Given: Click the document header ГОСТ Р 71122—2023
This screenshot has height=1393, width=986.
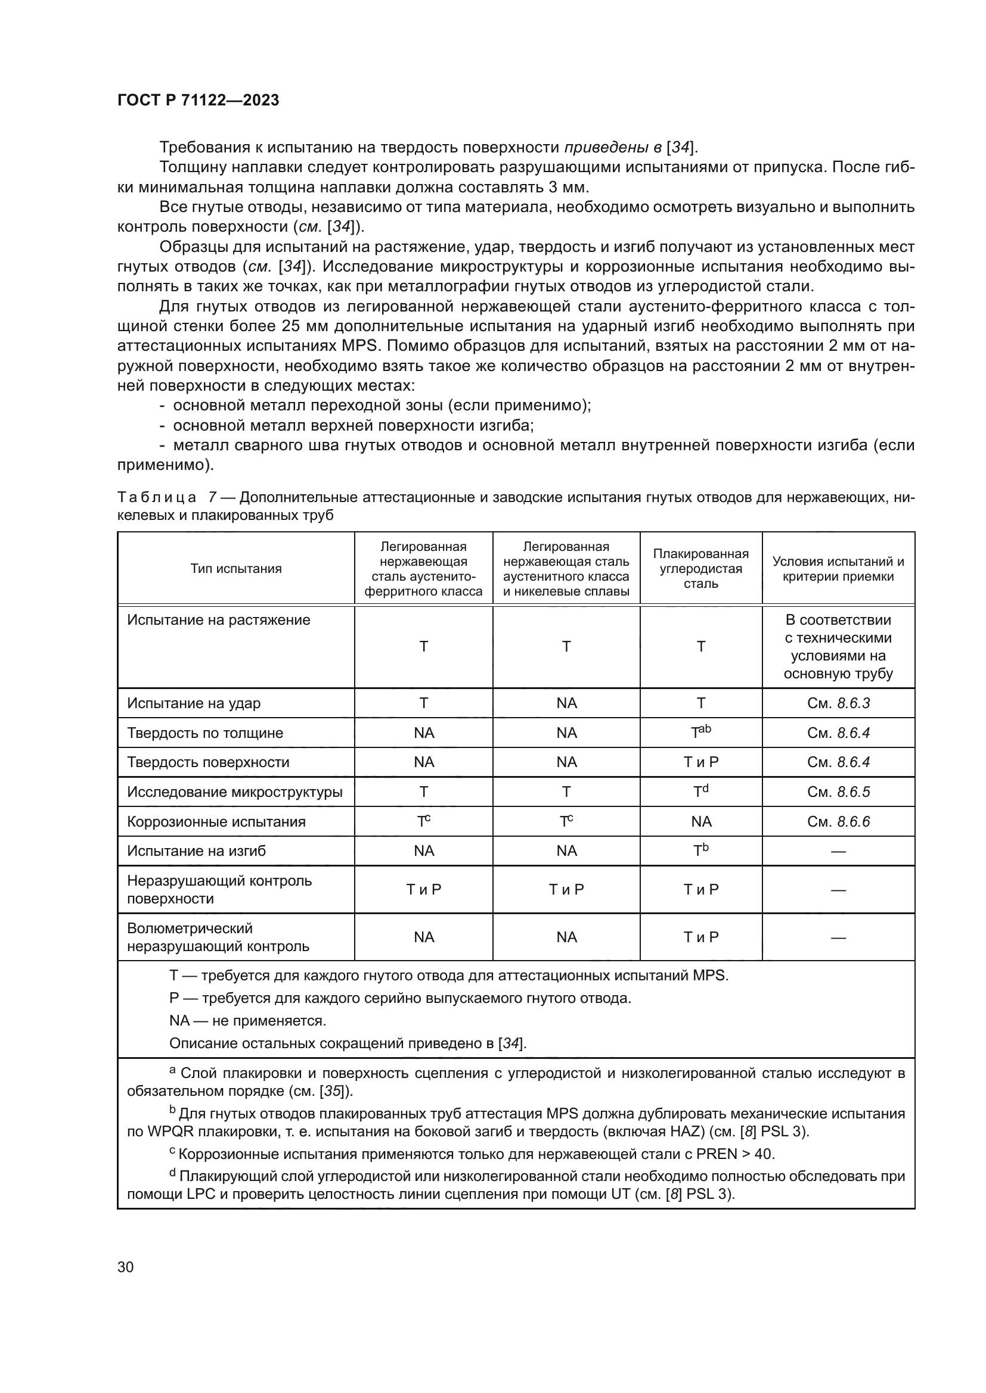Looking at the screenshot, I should [x=198, y=100].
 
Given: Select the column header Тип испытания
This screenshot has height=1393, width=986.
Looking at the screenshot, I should [x=235, y=569].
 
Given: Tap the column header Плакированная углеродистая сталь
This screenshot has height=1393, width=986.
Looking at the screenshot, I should [x=700, y=569].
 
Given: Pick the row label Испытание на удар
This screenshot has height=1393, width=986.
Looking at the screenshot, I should [x=194, y=703].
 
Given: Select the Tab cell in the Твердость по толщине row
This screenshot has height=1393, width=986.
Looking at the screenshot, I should [x=700, y=733].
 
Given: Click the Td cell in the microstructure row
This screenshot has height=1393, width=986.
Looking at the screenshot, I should [x=700, y=791].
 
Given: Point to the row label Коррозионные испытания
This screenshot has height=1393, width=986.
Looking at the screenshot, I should [x=216, y=821].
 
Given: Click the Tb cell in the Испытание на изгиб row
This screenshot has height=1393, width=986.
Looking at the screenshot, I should [x=700, y=850].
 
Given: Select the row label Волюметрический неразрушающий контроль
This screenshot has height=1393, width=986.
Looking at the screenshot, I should [x=218, y=937].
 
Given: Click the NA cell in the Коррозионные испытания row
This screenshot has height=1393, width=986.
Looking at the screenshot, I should [x=700, y=821].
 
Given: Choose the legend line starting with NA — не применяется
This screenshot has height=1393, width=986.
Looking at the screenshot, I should [x=248, y=1021].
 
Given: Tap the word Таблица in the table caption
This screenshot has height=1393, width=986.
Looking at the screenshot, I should [x=157, y=497].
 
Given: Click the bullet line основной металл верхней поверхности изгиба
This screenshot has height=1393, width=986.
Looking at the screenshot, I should [x=352, y=425].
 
